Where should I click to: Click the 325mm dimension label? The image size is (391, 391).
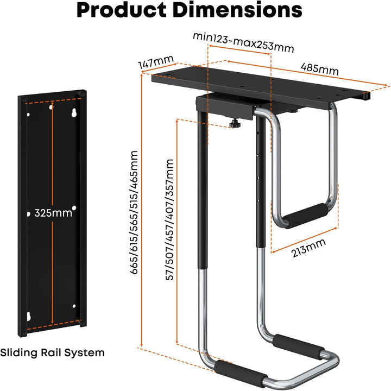click(53, 213)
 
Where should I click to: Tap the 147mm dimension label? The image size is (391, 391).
click(156, 61)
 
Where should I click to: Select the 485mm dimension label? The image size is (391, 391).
click(320, 69)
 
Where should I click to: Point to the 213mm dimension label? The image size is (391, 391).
click(308, 248)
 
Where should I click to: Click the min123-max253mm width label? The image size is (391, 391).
click(243, 42)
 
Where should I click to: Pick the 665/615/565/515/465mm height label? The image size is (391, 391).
click(134, 212)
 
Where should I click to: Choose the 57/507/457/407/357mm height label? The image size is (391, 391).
click(169, 220)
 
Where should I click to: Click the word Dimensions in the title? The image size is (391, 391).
click(237, 10)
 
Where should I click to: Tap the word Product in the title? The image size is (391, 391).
click(122, 10)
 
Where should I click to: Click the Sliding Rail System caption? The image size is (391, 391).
click(52, 352)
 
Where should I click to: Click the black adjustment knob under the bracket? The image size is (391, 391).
click(235, 124)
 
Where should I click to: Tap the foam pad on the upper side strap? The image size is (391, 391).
click(306, 215)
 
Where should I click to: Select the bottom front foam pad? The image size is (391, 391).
click(241, 373)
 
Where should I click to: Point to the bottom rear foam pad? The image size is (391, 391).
click(299, 346)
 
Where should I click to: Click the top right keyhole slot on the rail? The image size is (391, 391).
click(74, 112)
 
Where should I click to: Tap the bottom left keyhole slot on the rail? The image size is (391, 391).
click(28, 316)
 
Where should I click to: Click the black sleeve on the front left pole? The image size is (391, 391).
click(203, 190)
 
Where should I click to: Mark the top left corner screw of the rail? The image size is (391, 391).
click(24, 100)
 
